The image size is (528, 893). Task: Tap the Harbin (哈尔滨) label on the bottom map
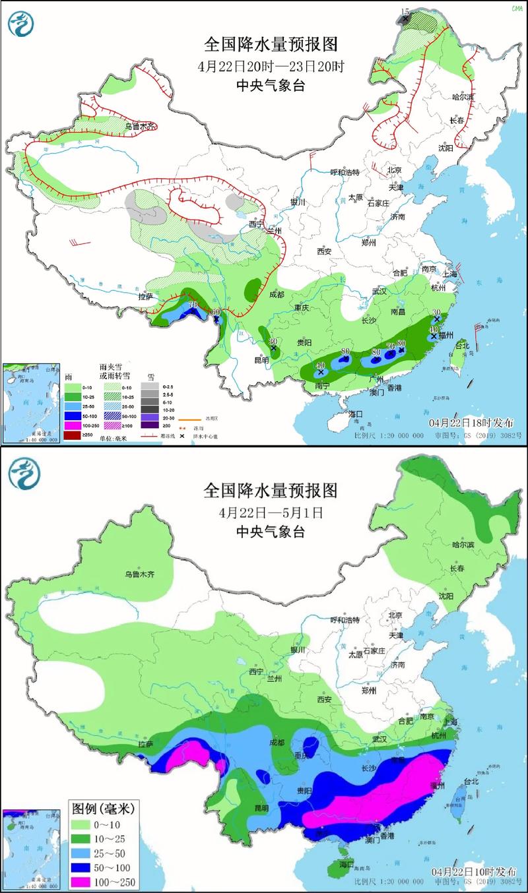click(463, 545)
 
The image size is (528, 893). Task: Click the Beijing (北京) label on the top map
click(394, 169)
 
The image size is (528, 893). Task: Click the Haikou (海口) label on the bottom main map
click(347, 864)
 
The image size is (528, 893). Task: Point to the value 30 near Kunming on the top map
click(273, 341)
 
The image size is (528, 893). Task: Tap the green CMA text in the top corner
click(516, 8)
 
